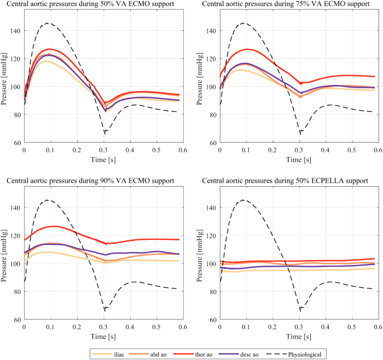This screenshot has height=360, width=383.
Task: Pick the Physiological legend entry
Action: [x=319, y=354]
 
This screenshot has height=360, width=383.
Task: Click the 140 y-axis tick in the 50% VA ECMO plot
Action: [x=16, y=31]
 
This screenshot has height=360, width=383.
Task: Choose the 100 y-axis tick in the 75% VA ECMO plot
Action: [x=212, y=87]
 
